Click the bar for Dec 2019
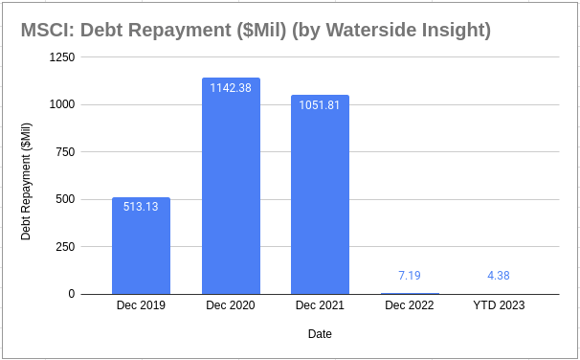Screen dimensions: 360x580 (141, 246)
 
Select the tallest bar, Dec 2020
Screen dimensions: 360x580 (231, 186)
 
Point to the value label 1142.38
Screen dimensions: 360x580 (231, 86)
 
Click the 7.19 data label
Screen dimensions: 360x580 (410, 276)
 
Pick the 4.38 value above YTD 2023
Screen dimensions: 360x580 (499, 276)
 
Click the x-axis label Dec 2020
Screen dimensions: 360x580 (231, 306)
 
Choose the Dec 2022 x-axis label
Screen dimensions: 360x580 (410, 306)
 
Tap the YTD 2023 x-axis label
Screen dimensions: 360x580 (499, 306)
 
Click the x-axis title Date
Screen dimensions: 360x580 (320, 334)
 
